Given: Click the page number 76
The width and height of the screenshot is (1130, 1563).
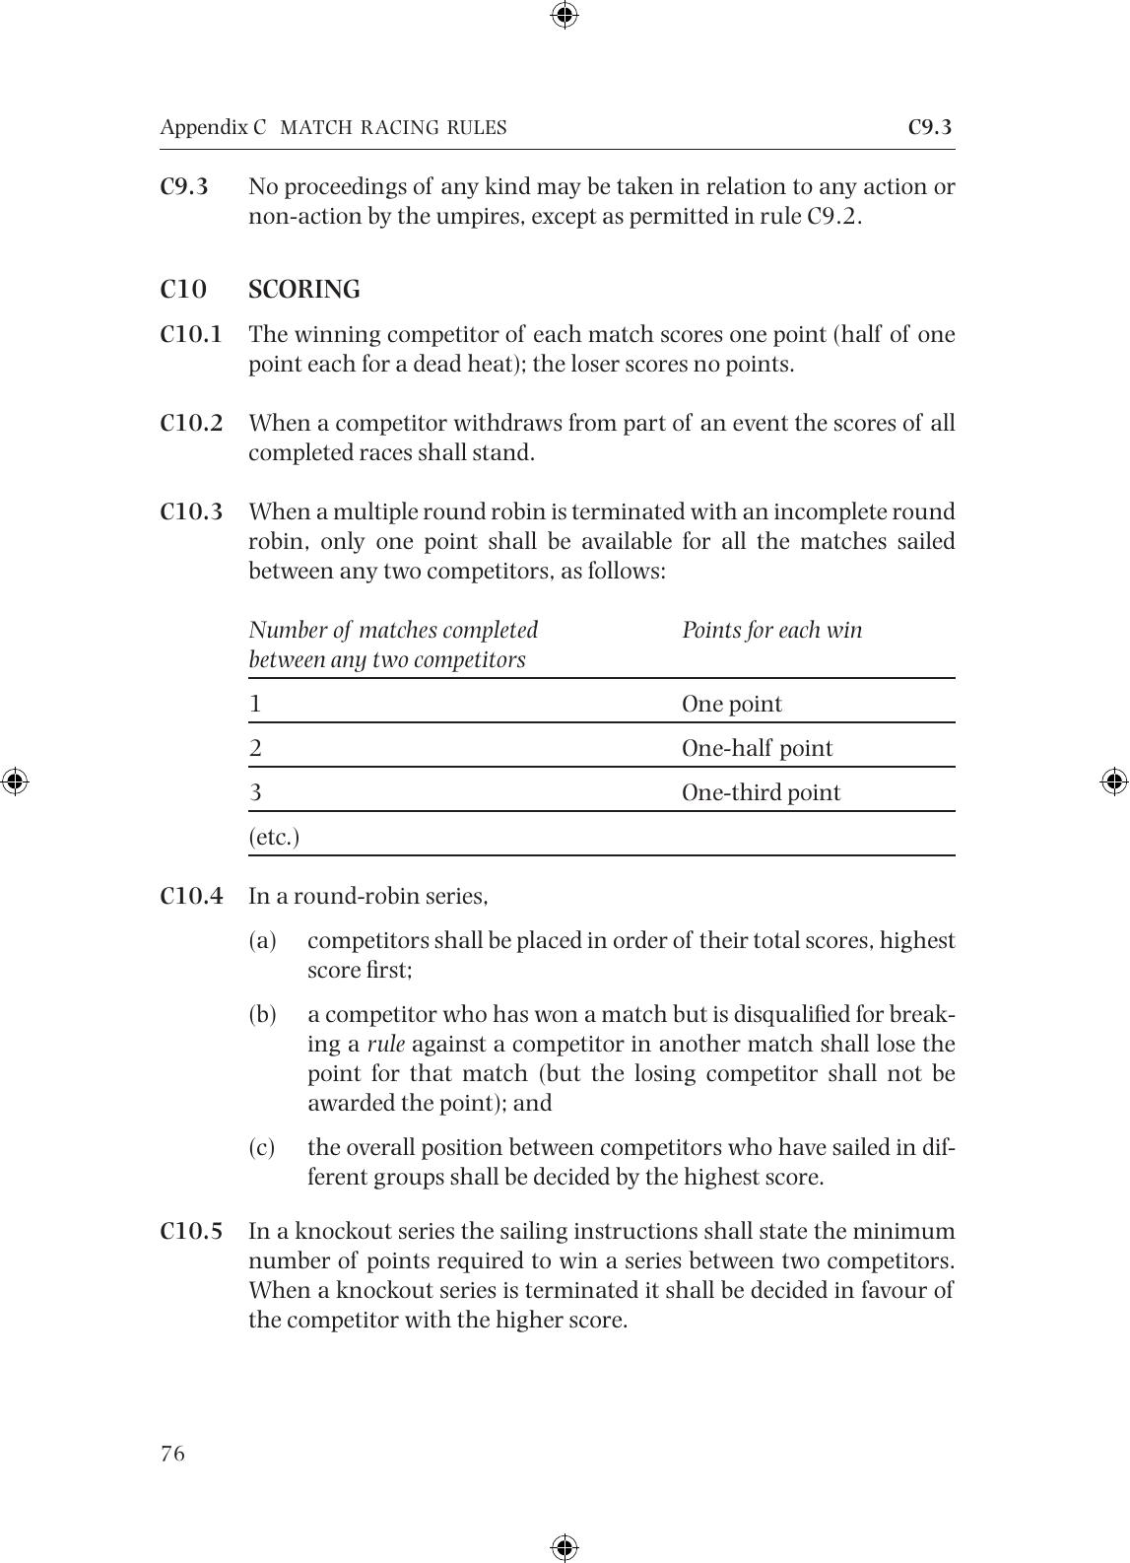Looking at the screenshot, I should pyautogui.click(x=172, y=1454).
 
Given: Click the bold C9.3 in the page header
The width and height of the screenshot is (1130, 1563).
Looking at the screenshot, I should pyautogui.click(x=929, y=127).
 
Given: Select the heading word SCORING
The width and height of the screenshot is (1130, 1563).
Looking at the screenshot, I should pyautogui.click(x=303, y=290).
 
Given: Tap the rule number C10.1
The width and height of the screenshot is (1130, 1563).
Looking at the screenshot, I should pyautogui.click(x=191, y=334).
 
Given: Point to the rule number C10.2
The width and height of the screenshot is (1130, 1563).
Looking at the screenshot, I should pyautogui.click(x=191, y=423).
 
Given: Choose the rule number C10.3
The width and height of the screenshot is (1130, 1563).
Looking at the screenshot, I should pyautogui.click(x=191, y=511).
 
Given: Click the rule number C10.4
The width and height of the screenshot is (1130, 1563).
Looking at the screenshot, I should pyautogui.click(x=191, y=896).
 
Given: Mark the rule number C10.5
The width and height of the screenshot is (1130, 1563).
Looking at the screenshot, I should pyautogui.click(x=191, y=1231).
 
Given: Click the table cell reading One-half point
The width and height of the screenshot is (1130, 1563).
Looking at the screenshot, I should pyautogui.click(x=757, y=748).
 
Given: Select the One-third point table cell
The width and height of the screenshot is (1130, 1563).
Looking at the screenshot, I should pyautogui.click(x=761, y=792).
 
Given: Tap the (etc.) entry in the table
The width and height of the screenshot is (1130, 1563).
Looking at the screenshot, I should pyautogui.click(x=274, y=837).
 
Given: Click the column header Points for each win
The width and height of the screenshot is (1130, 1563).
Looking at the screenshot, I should pyautogui.click(x=771, y=630).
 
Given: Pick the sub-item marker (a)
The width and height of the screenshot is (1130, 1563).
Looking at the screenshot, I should pyautogui.click(x=262, y=940).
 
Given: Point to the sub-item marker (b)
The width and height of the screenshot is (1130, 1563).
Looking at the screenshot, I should pyautogui.click(x=262, y=1014).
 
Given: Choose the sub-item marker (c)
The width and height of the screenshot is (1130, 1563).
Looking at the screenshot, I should pyautogui.click(x=262, y=1147).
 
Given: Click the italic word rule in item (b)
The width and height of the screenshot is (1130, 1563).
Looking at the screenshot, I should pyautogui.click(x=385, y=1044).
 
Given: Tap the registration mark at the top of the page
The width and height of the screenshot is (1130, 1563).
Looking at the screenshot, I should pyautogui.click(x=565, y=15).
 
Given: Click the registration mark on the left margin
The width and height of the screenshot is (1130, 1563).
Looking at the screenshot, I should pyautogui.click(x=14, y=781).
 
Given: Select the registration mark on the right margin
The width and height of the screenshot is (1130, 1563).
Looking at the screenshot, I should pyautogui.click(x=1114, y=781).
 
